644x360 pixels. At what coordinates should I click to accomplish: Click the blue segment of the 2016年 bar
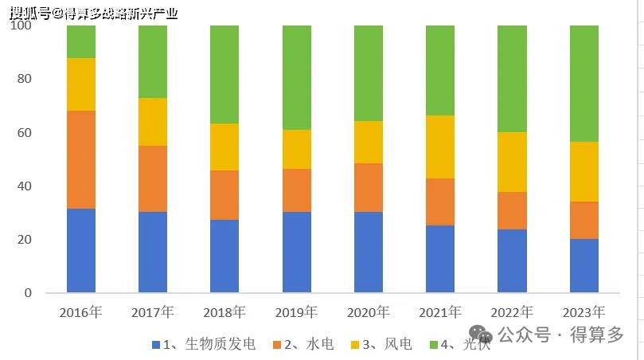[x=81, y=250]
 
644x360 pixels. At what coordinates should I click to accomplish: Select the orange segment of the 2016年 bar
[x=81, y=159]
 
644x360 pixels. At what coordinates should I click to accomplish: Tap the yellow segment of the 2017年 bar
[x=153, y=122]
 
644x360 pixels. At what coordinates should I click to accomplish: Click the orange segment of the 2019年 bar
[x=297, y=190]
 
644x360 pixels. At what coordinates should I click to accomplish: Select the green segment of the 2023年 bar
[x=584, y=84]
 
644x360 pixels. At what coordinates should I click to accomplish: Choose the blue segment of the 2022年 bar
[x=512, y=260]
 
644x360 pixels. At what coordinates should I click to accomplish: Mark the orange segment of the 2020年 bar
[x=369, y=187]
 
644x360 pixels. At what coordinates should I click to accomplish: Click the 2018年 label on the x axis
[x=224, y=311]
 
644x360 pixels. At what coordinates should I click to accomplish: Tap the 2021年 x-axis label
[x=440, y=311]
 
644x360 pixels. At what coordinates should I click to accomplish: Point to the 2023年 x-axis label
[x=584, y=311]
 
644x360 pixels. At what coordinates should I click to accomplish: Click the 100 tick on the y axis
[x=21, y=25]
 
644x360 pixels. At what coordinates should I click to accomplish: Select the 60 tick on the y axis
[x=25, y=132]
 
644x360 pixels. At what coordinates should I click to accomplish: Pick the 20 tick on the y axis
[x=25, y=240]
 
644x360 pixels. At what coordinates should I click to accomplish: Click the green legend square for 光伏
[x=434, y=344]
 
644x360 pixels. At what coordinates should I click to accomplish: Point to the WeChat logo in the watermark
[x=479, y=335]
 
